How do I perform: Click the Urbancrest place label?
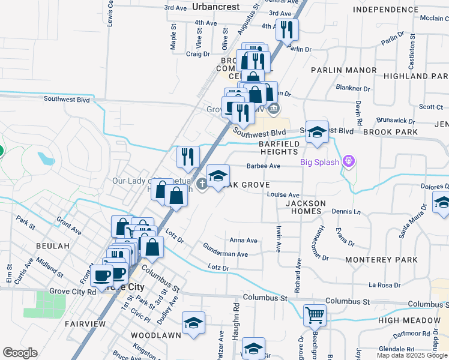(x=216, y=7)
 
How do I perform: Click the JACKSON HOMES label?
(x=306, y=208)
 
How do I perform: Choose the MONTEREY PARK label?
(x=381, y=260)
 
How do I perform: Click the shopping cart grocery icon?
(x=315, y=314)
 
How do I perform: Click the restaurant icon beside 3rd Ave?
(x=287, y=28)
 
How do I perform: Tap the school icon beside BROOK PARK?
(x=316, y=132)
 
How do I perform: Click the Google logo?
(x=20, y=353)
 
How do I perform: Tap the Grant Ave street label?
(x=68, y=226)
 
